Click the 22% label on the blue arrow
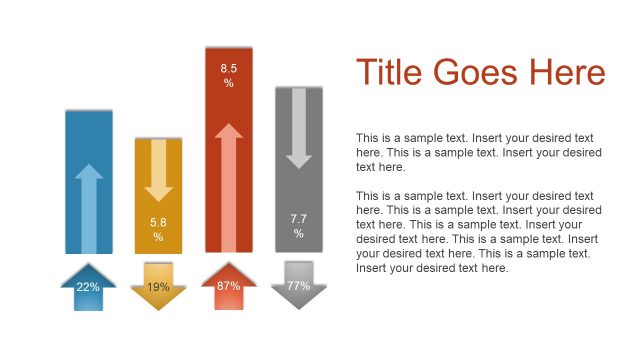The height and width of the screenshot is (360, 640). point(88,287)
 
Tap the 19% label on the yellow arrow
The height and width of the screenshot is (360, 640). point(158,287)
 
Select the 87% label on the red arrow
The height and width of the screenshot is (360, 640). point(228,287)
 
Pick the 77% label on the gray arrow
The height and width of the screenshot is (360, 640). point(298,287)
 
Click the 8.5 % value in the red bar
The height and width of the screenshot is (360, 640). point(228,75)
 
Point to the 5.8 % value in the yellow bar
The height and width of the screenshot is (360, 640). point(158,229)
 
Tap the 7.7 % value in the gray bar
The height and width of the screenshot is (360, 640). point(298,225)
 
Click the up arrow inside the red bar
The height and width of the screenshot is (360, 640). point(228,185)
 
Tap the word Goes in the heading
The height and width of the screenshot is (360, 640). point(482,73)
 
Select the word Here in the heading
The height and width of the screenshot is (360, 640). point(569,73)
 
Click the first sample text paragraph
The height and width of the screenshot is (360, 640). point(478,153)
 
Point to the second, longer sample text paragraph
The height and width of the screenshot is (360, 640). point(478,232)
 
